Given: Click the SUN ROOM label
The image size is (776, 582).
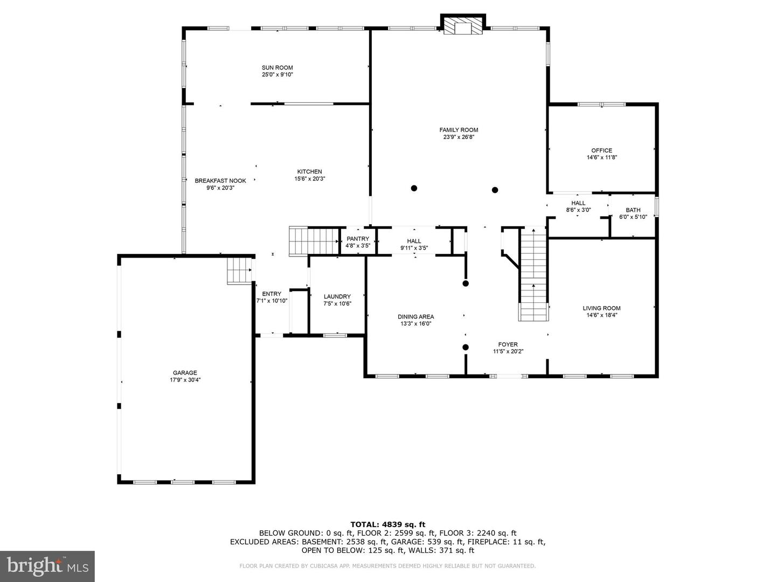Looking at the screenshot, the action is click(277, 67).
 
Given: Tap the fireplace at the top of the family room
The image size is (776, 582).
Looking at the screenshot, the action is click(463, 25).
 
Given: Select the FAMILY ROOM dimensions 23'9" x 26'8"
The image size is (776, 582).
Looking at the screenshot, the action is click(459, 137).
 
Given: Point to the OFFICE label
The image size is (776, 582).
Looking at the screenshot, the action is click(602, 150).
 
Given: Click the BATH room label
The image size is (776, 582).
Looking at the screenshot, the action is click(633, 210).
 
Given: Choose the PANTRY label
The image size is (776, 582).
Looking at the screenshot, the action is click(358, 239).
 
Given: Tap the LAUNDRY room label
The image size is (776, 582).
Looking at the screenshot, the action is click(337, 296).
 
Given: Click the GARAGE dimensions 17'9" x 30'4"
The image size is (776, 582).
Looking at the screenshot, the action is click(185, 380).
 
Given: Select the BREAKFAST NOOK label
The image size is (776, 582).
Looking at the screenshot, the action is click(220, 181).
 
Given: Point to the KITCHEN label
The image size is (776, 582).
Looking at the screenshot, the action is click(309, 172).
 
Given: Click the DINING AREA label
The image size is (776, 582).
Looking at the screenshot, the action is click(415, 317).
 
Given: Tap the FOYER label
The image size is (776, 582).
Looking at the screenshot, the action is click(508, 344).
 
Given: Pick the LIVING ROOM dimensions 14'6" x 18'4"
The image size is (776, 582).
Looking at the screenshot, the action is click(602, 315).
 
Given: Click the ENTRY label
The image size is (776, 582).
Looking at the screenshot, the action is click(272, 294).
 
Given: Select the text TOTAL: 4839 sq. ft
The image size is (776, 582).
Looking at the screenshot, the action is click(388, 524).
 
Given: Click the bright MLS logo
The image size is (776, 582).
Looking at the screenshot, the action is click(47, 566).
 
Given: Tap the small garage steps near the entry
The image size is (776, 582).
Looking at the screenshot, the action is click(239, 271).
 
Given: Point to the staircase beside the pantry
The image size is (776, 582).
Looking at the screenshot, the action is click(314, 241).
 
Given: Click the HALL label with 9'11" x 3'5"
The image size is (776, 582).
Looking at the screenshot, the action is click(414, 241).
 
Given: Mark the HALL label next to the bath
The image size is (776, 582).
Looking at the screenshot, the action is click(578, 203).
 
